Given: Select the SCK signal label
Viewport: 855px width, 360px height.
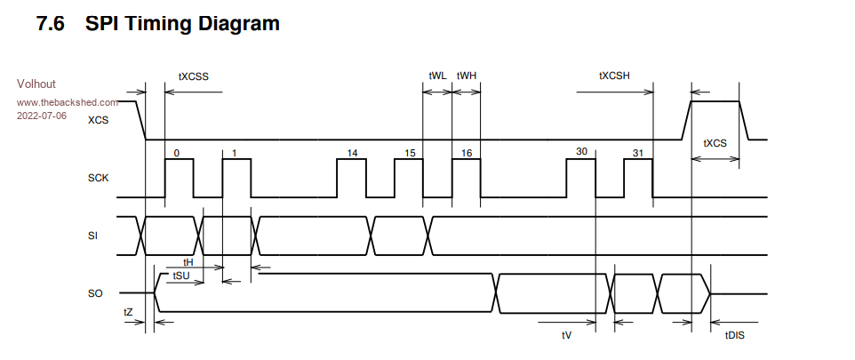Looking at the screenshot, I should point(98,178).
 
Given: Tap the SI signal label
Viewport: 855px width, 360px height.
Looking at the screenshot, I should point(93,236).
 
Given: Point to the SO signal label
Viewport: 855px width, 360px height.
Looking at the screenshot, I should point(96,292).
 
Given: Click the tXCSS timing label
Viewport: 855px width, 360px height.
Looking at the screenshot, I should point(193,76).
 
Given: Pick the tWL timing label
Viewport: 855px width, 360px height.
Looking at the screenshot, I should point(437,76).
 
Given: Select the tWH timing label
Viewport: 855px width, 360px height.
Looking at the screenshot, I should point(467,76).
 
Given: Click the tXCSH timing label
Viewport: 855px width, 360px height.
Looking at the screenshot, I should point(614,76).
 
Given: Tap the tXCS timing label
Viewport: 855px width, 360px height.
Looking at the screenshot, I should point(715,143).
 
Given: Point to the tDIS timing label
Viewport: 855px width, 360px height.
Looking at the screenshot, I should point(735,335).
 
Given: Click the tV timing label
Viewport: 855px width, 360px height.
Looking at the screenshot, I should point(566,335).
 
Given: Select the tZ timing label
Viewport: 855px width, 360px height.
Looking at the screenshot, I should point(128,311).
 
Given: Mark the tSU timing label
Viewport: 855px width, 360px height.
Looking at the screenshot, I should point(181,276).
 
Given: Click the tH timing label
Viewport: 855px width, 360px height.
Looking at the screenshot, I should point(188,263).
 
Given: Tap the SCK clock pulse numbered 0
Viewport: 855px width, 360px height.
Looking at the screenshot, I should point(180,178).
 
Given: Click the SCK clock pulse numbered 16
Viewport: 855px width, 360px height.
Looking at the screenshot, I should point(466,178).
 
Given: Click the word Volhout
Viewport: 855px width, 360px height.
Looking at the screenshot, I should point(36,84).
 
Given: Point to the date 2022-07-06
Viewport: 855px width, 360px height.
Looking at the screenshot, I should point(42,116).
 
